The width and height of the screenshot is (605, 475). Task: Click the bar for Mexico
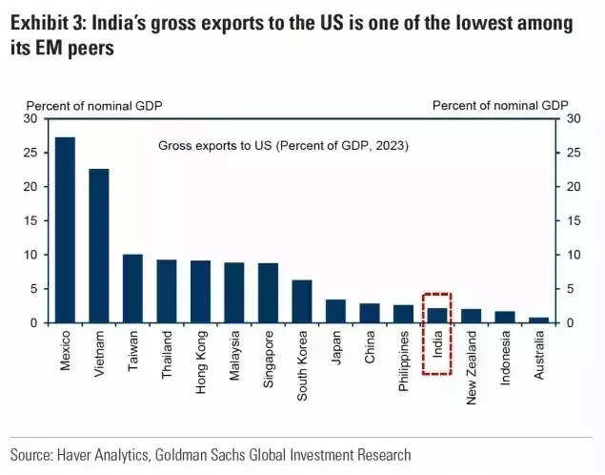click(65, 230)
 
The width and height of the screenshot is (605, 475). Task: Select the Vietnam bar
click(99, 245)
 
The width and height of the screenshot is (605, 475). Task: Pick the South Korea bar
click(302, 301)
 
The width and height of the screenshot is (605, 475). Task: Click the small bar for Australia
click(539, 320)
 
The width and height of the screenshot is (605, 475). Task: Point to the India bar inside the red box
click(437, 315)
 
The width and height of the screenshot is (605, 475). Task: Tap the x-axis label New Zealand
click(472, 367)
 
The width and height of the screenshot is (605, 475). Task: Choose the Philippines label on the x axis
click(404, 362)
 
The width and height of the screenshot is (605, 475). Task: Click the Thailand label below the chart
click(167, 356)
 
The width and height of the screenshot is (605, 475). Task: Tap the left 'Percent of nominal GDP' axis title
click(94, 105)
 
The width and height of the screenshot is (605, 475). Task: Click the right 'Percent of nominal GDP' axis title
click(500, 105)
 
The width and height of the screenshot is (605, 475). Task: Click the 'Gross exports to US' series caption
click(283, 145)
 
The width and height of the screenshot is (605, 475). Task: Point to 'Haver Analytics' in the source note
click(104, 455)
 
